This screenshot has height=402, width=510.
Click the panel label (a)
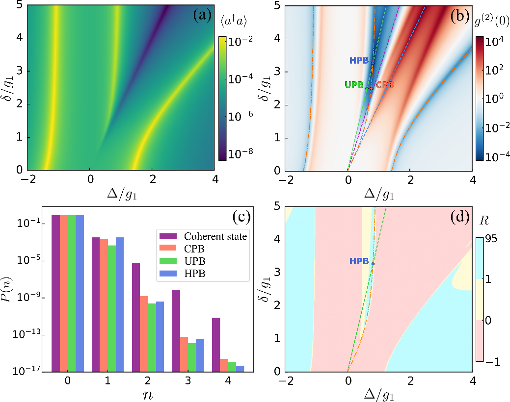point(202,16)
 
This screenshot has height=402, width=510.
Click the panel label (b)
point(460,16)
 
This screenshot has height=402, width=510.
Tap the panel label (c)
point(242,217)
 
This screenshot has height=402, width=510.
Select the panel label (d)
point(460,217)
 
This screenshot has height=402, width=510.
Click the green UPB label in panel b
point(354,85)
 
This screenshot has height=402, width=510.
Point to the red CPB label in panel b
point(385,85)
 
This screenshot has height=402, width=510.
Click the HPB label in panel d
point(359,261)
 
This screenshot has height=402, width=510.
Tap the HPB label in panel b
point(359,60)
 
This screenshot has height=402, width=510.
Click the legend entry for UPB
point(182,261)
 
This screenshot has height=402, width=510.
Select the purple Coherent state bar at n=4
point(216,345)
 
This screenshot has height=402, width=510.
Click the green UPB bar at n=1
point(112,308)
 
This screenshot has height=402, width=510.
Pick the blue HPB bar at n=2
point(160,337)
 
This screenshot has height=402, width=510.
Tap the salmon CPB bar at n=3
point(184,354)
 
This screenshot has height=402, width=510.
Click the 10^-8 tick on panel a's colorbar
point(240,153)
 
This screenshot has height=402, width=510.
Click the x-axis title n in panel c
point(148,394)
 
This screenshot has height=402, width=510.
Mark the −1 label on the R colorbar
point(492,361)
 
